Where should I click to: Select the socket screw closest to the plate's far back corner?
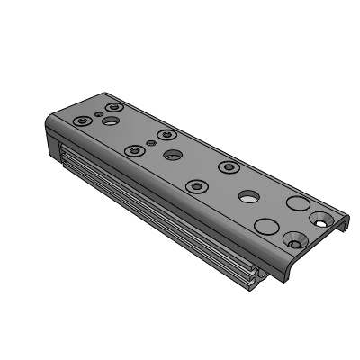[x=112, y=106]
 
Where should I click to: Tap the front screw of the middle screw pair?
[x=135, y=150]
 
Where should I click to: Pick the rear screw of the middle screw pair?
[x=165, y=136]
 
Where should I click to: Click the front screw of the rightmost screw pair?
[x=196, y=186]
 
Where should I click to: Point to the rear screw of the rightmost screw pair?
[x=229, y=167]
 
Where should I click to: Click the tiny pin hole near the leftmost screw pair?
[x=99, y=113]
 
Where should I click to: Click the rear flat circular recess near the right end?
[x=296, y=202]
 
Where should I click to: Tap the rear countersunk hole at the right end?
[x=321, y=217]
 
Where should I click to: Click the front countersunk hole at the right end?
[x=294, y=239]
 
